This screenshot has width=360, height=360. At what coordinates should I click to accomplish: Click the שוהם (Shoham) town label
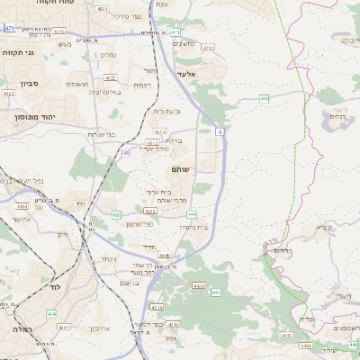[178, 169]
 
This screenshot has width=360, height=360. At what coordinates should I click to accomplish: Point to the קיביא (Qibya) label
[326, 227]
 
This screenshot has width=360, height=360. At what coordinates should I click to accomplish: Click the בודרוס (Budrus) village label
[284, 252]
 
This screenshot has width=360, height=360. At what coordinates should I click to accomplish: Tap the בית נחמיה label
[193, 228]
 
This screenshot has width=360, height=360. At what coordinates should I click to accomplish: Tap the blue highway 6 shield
[219, 131]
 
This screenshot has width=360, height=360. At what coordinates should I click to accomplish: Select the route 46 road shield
[126, 153]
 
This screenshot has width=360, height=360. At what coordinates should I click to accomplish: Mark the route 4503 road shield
[81, 204]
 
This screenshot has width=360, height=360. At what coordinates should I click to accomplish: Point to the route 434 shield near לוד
[50, 313]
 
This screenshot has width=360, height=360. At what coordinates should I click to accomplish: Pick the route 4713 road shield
[209, 47]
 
